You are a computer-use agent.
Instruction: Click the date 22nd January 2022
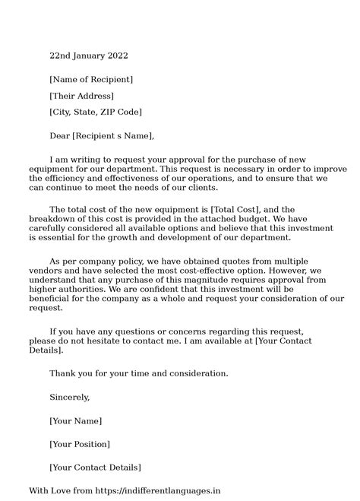[x=89, y=55]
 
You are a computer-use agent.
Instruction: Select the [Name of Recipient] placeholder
[x=90, y=79]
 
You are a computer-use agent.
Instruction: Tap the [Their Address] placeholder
[x=81, y=96]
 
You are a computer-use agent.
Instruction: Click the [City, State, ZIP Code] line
[x=96, y=112]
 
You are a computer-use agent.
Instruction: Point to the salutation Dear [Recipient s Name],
[x=102, y=136]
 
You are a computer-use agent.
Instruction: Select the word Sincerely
[x=69, y=397]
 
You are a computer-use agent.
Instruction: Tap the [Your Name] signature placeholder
[x=75, y=420]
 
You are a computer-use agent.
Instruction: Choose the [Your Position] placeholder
[x=80, y=444]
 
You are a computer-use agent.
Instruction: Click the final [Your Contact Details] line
[x=95, y=468]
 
